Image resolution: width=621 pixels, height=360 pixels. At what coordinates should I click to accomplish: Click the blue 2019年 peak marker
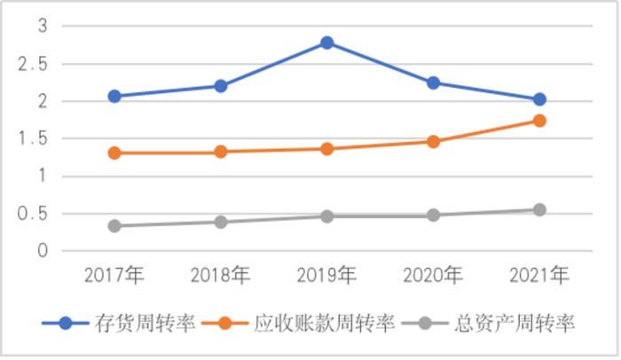[327, 43]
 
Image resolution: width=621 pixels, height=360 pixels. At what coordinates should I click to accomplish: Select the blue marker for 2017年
[114, 96]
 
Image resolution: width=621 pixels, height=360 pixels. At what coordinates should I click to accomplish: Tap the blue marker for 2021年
[539, 99]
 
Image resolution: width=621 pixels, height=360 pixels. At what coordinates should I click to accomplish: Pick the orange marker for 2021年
[539, 121]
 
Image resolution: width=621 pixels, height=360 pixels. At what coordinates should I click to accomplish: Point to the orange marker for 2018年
[221, 152]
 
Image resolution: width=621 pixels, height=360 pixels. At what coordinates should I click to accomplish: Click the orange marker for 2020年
[433, 141]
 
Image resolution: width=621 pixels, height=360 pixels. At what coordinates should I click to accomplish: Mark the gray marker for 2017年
[114, 225]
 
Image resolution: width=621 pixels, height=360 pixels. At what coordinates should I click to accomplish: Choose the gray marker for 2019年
[327, 215]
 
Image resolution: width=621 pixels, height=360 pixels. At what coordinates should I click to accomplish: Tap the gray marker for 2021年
[539, 210]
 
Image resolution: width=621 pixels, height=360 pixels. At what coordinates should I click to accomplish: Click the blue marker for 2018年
[221, 86]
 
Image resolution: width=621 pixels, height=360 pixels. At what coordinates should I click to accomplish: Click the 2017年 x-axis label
[114, 276]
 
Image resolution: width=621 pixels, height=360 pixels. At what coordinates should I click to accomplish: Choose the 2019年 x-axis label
[327, 276]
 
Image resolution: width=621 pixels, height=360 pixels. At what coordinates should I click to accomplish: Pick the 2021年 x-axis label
[539, 276]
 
